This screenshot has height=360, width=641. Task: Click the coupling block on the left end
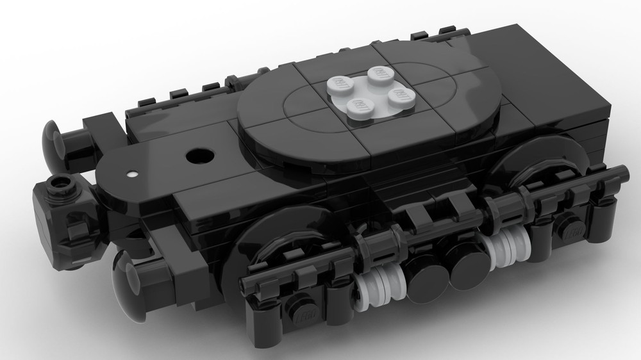(58, 211)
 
